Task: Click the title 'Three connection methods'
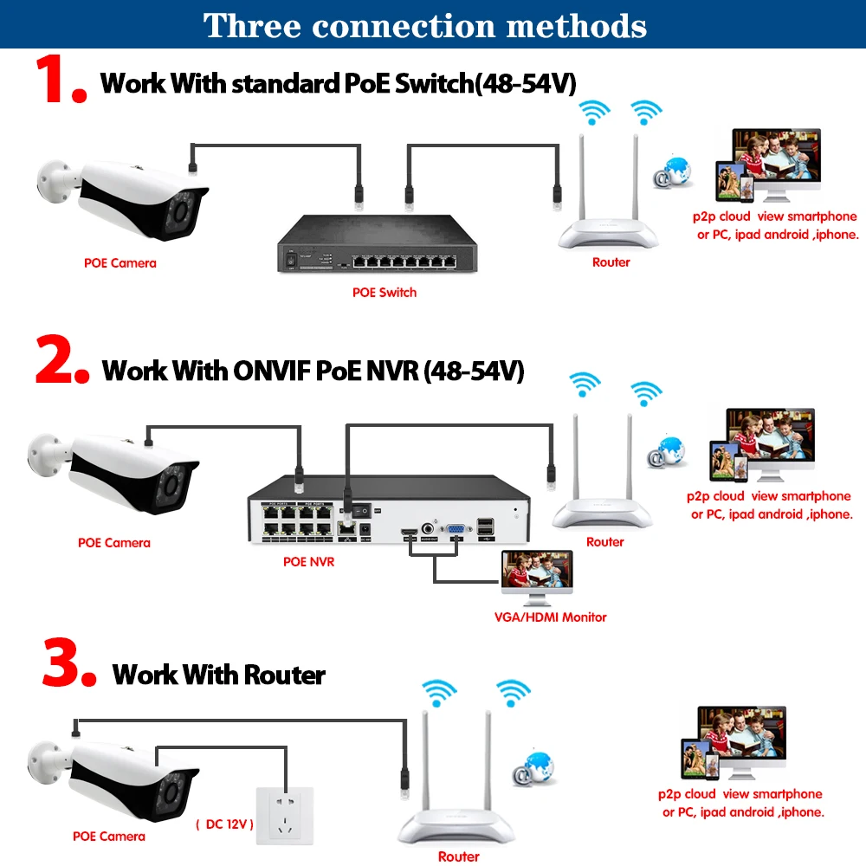425,25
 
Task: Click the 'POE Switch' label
385,293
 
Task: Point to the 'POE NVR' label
309,561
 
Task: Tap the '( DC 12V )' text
224,824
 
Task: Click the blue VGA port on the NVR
456,528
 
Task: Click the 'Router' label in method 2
604,542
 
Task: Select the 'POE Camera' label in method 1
120,262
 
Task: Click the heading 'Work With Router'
219,675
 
